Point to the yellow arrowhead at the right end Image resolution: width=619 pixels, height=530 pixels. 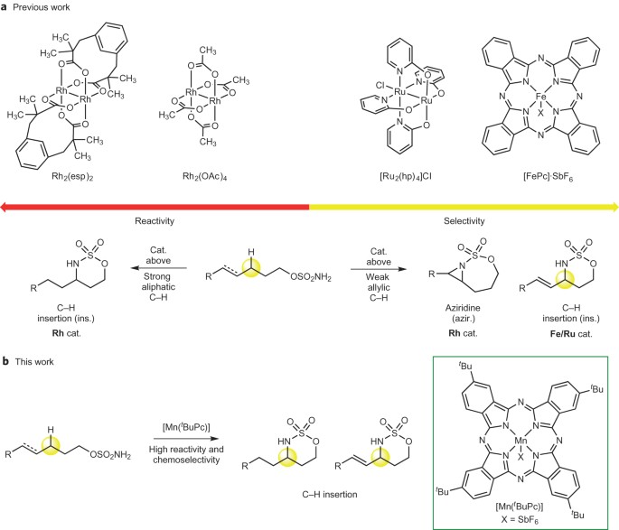614,207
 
